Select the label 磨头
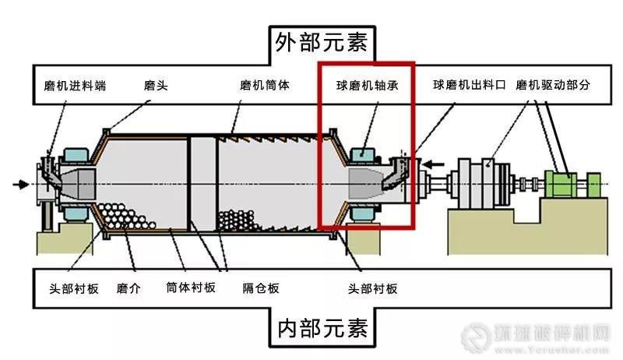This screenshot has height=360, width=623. click(157, 85)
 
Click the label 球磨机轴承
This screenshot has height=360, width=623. click(368, 85)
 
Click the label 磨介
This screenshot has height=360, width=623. click(128, 288)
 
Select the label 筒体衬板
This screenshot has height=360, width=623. click(191, 288)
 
